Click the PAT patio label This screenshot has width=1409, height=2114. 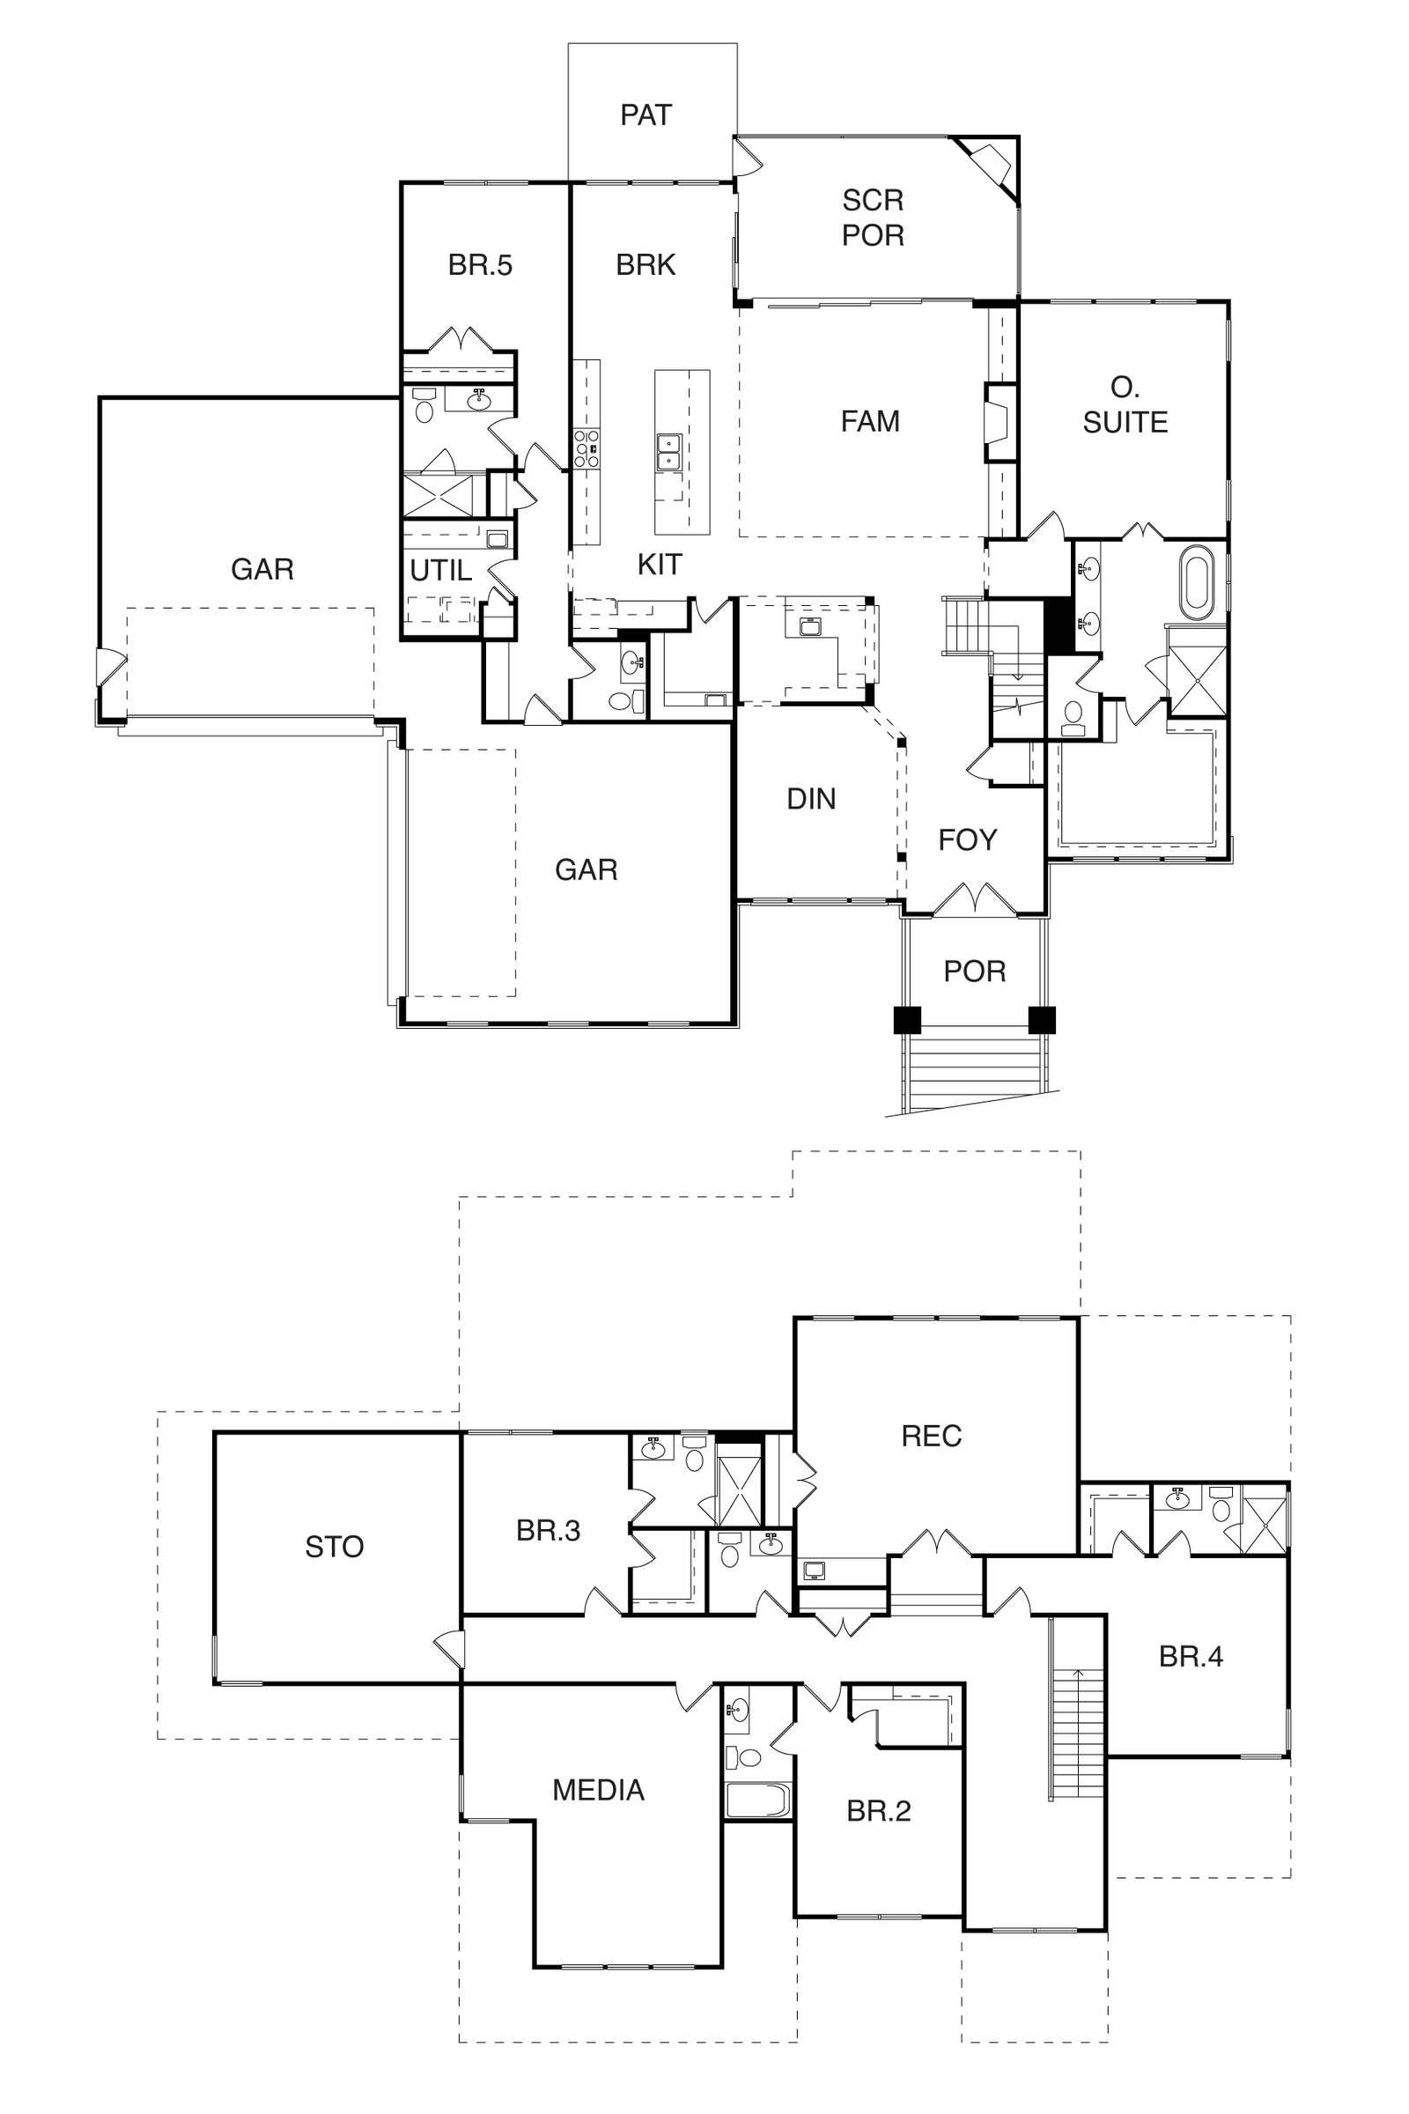(x=646, y=115)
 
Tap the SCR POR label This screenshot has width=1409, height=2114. (x=873, y=218)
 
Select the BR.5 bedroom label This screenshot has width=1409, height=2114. (x=480, y=265)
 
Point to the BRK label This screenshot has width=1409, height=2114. (x=645, y=265)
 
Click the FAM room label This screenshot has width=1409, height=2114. (x=870, y=421)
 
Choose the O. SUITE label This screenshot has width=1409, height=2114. (x=1125, y=404)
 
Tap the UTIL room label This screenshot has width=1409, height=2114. (x=440, y=570)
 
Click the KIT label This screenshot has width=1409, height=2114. (x=660, y=565)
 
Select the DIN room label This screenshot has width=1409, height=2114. (x=810, y=799)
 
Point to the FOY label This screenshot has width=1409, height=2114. (x=967, y=839)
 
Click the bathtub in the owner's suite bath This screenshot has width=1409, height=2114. (x=1197, y=582)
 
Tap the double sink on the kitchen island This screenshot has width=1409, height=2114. (x=668, y=452)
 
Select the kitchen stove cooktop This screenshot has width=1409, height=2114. (x=586, y=448)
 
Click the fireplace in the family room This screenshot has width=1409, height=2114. (x=998, y=423)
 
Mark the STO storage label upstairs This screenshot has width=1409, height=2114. (x=335, y=1547)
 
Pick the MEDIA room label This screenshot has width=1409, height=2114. (x=599, y=1791)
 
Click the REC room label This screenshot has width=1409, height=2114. (x=931, y=1437)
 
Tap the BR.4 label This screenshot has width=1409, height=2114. (x=1191, y=1657)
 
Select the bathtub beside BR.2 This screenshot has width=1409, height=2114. (x=757, y=1800)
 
